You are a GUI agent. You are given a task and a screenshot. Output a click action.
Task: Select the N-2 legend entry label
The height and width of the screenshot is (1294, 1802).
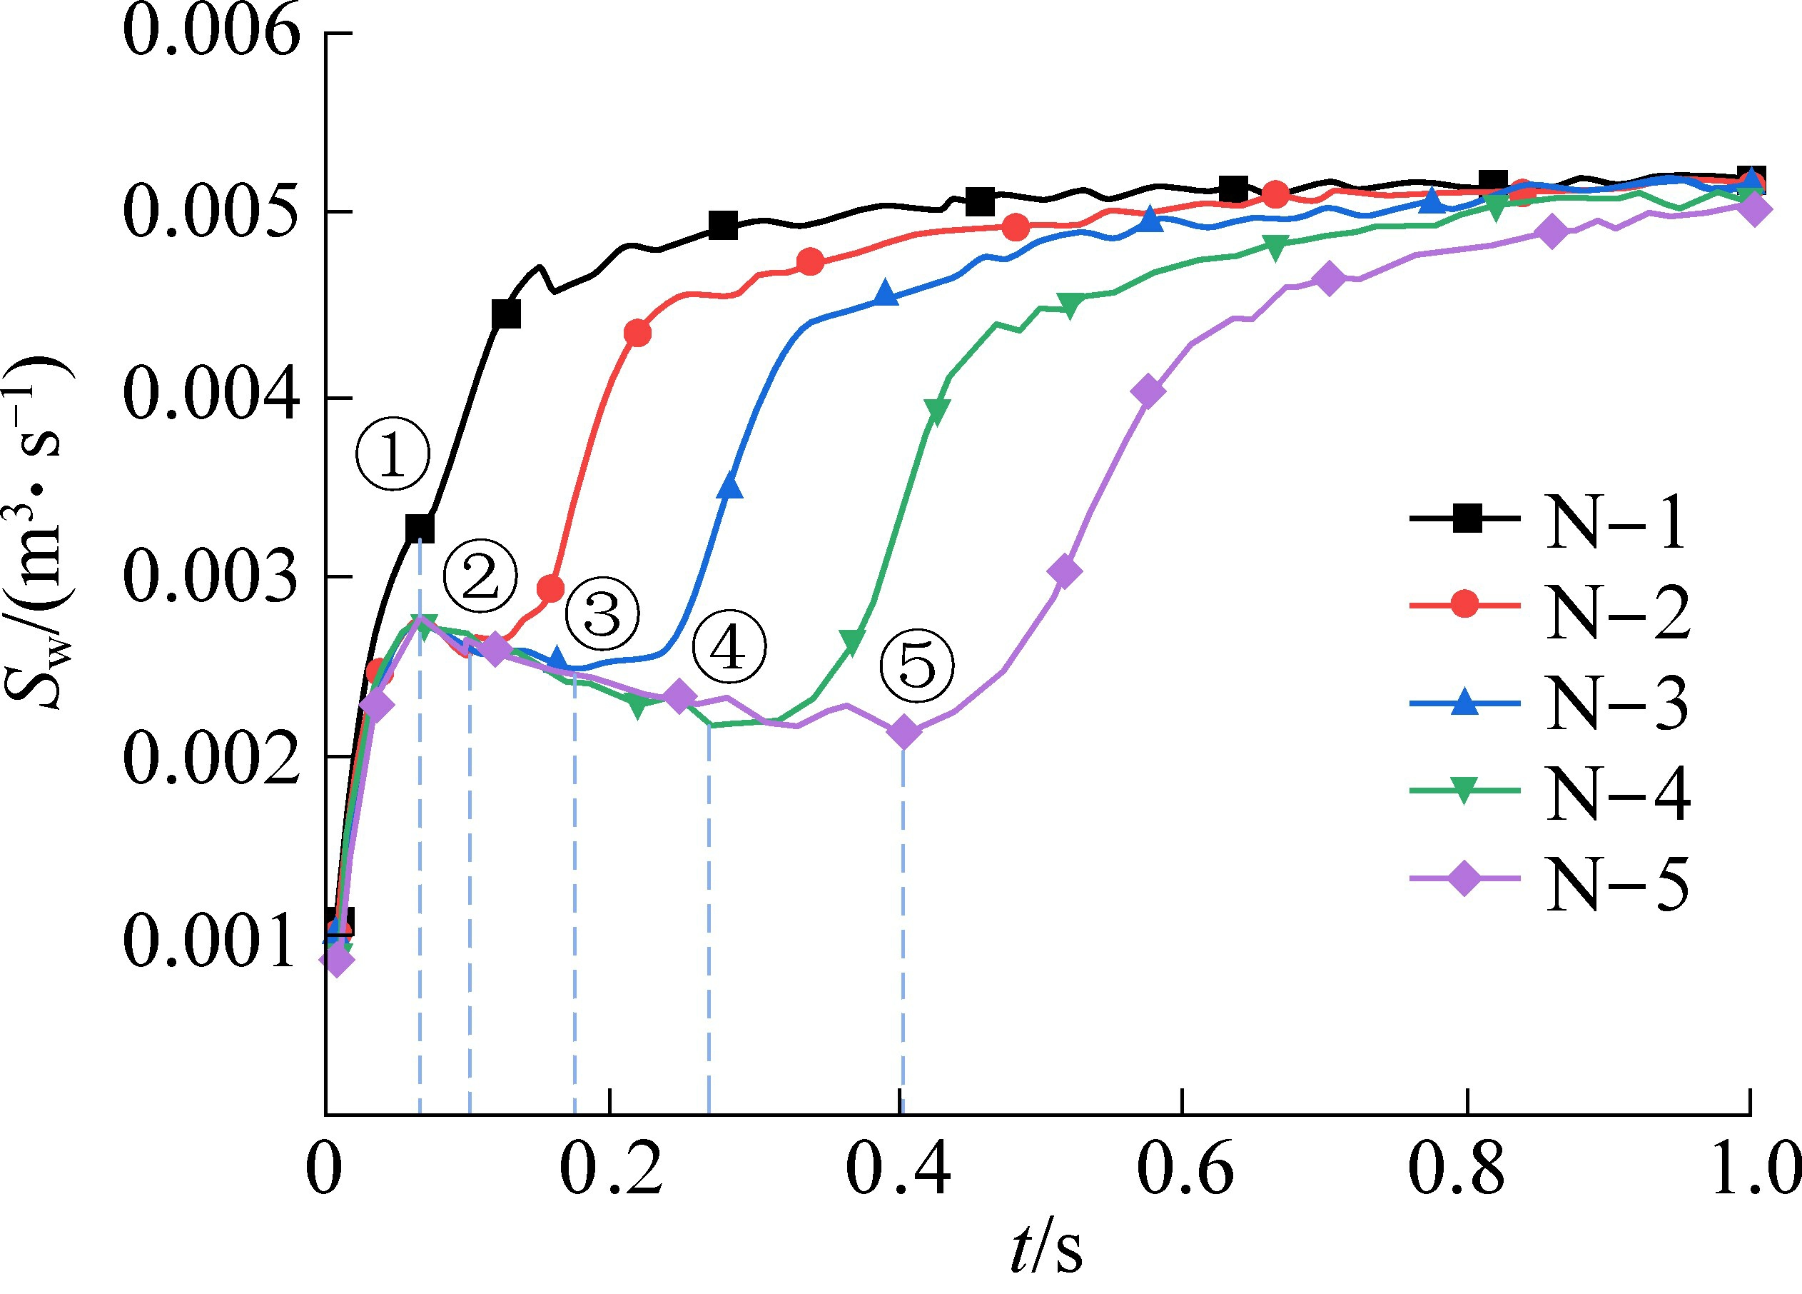[x=1618, y=611]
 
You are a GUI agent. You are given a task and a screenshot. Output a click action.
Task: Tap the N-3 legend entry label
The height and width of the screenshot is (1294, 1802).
[x=1618, y=703]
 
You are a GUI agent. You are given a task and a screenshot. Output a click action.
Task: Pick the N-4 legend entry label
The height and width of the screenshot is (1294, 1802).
[x=1618, y=793]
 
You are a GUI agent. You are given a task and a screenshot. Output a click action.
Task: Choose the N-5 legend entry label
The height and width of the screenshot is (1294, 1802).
[x=1618, y=883]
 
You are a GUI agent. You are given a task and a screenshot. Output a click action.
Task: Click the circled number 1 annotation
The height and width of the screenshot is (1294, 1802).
[x=393, y=454]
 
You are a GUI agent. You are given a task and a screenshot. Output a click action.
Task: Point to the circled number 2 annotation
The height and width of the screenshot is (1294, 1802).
[x=480, y=576]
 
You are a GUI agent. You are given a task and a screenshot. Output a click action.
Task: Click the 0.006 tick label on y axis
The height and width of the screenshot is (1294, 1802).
[x=212, y=34]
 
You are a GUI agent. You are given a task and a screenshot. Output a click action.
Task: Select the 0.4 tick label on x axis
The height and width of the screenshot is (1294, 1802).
[x=898, y=1170]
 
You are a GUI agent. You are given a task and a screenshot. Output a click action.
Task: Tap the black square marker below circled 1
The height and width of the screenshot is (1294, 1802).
[x=420, y=528]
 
